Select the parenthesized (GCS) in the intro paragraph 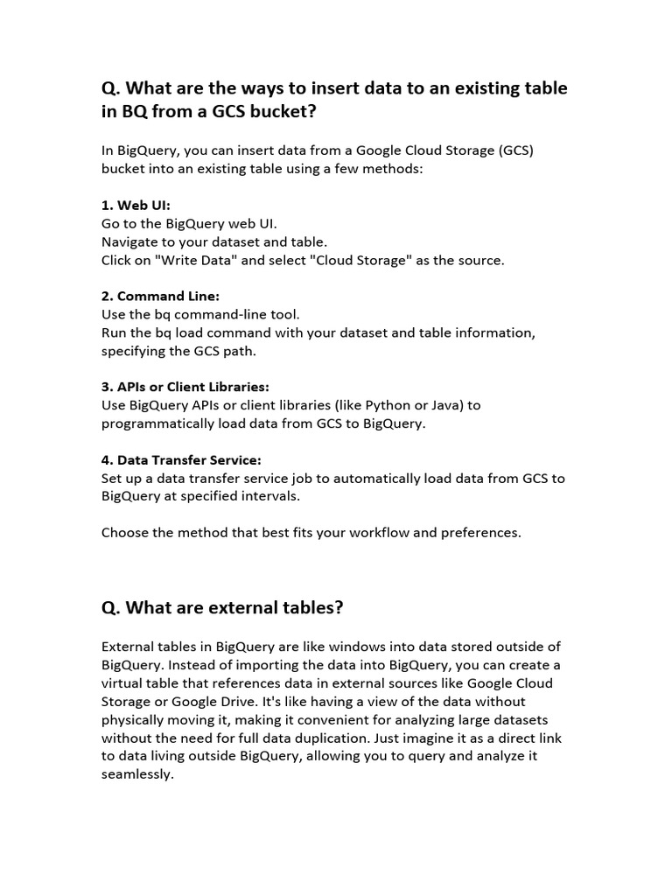tap(516, 150)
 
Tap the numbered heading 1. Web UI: tap(136, 206)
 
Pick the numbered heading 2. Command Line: tap(160, 296)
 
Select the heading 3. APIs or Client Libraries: tap(185, 387)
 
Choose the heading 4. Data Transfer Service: tap(181, 460)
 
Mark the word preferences tap(480, 532)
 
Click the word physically tap(136, 720)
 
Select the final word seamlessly tap(137, 775)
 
